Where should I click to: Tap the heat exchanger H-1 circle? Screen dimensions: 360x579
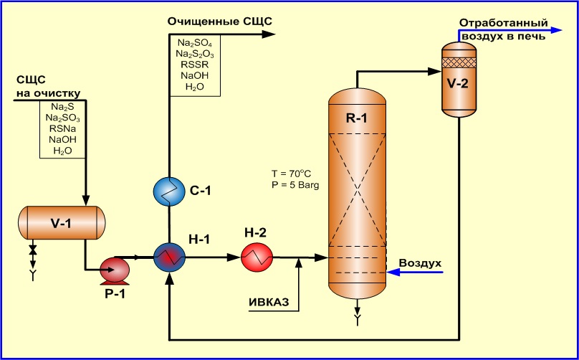[169, 257]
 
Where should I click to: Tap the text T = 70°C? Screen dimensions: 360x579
[292, 173]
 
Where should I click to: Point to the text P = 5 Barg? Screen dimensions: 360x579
[295, 184]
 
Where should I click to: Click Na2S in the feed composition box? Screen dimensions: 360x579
[63, 107]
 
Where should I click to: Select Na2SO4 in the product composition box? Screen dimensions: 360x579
[195, 42]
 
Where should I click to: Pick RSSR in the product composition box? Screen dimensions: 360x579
[195, 65]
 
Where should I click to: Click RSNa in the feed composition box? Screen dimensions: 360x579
[63, 128]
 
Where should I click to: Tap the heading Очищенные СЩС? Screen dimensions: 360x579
[220, 22]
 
